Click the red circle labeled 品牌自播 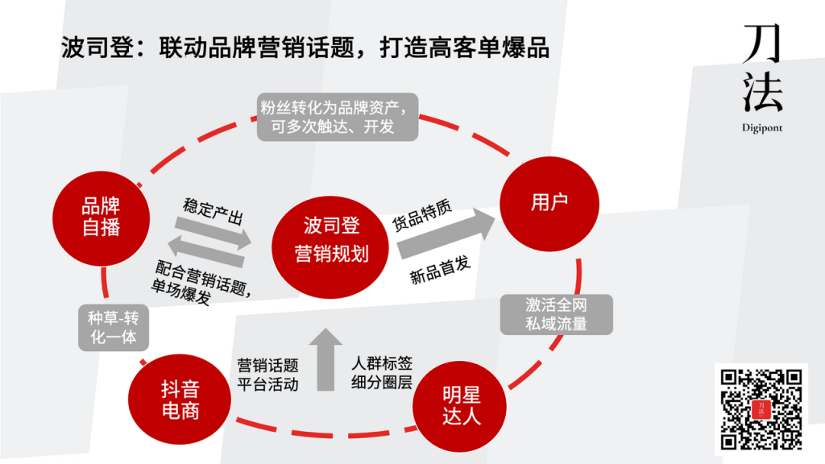(x=102, y=217)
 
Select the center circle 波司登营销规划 (x=331, y=239)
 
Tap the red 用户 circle (x=549, y=202)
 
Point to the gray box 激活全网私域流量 (x=556, y=314)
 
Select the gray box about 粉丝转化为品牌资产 (x=338, y=117)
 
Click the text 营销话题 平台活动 (x=268, y=375)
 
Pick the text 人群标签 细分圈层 (x=382, y=372)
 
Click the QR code (x=761, y=408)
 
